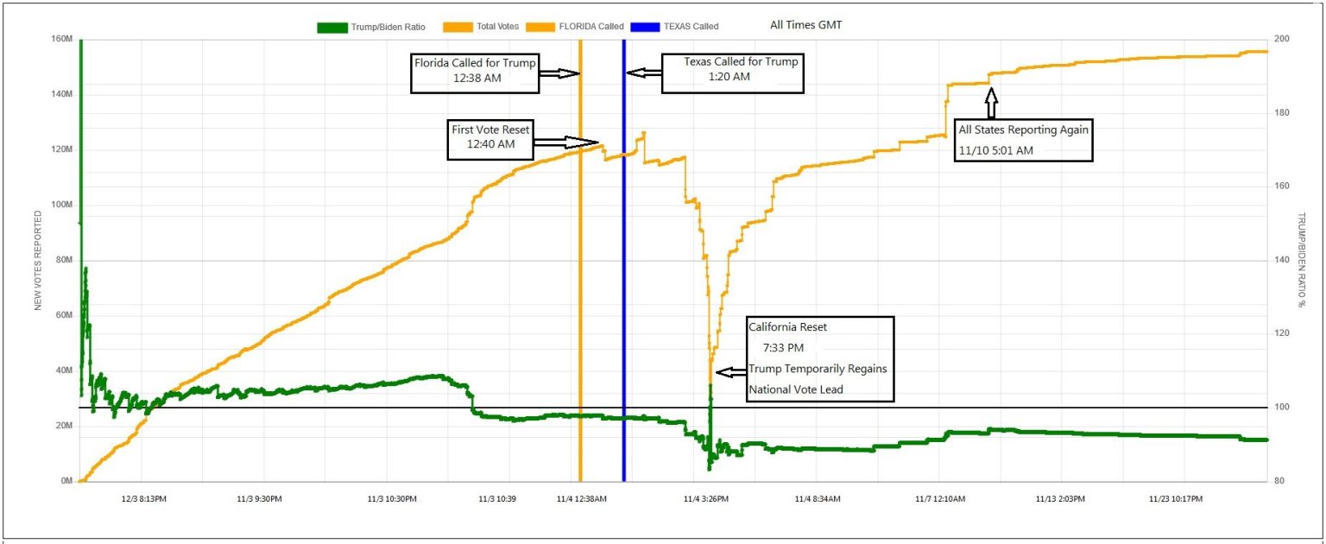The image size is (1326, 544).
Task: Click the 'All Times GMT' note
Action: point(805,25)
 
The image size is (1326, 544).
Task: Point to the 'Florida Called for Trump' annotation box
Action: point(475,70)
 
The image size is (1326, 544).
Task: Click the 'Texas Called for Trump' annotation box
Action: point(732,70)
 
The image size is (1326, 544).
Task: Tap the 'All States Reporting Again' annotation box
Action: point(1023,140)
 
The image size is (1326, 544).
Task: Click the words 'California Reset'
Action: point(787,327)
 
